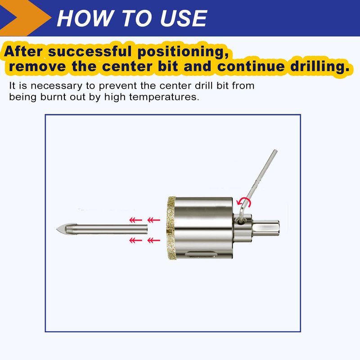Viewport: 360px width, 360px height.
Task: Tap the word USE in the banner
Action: point(184,18)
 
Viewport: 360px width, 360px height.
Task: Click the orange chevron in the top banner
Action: point(25,18)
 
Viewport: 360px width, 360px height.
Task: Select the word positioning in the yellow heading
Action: point(183,52)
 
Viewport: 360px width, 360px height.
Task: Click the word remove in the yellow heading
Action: point(37,66)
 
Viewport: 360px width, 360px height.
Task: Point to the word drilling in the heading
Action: point(320,66)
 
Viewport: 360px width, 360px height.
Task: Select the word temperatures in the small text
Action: point(164,97)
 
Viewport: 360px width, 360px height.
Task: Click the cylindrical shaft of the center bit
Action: point(106,229)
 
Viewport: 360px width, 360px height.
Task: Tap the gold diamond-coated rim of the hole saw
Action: point(171,228)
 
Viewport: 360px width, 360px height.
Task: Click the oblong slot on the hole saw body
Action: point(201,254)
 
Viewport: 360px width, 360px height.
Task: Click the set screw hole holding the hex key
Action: point(240,222)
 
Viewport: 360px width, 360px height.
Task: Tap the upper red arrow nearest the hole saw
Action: point(153,220)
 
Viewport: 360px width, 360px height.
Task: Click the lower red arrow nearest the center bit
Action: point(136,240)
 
